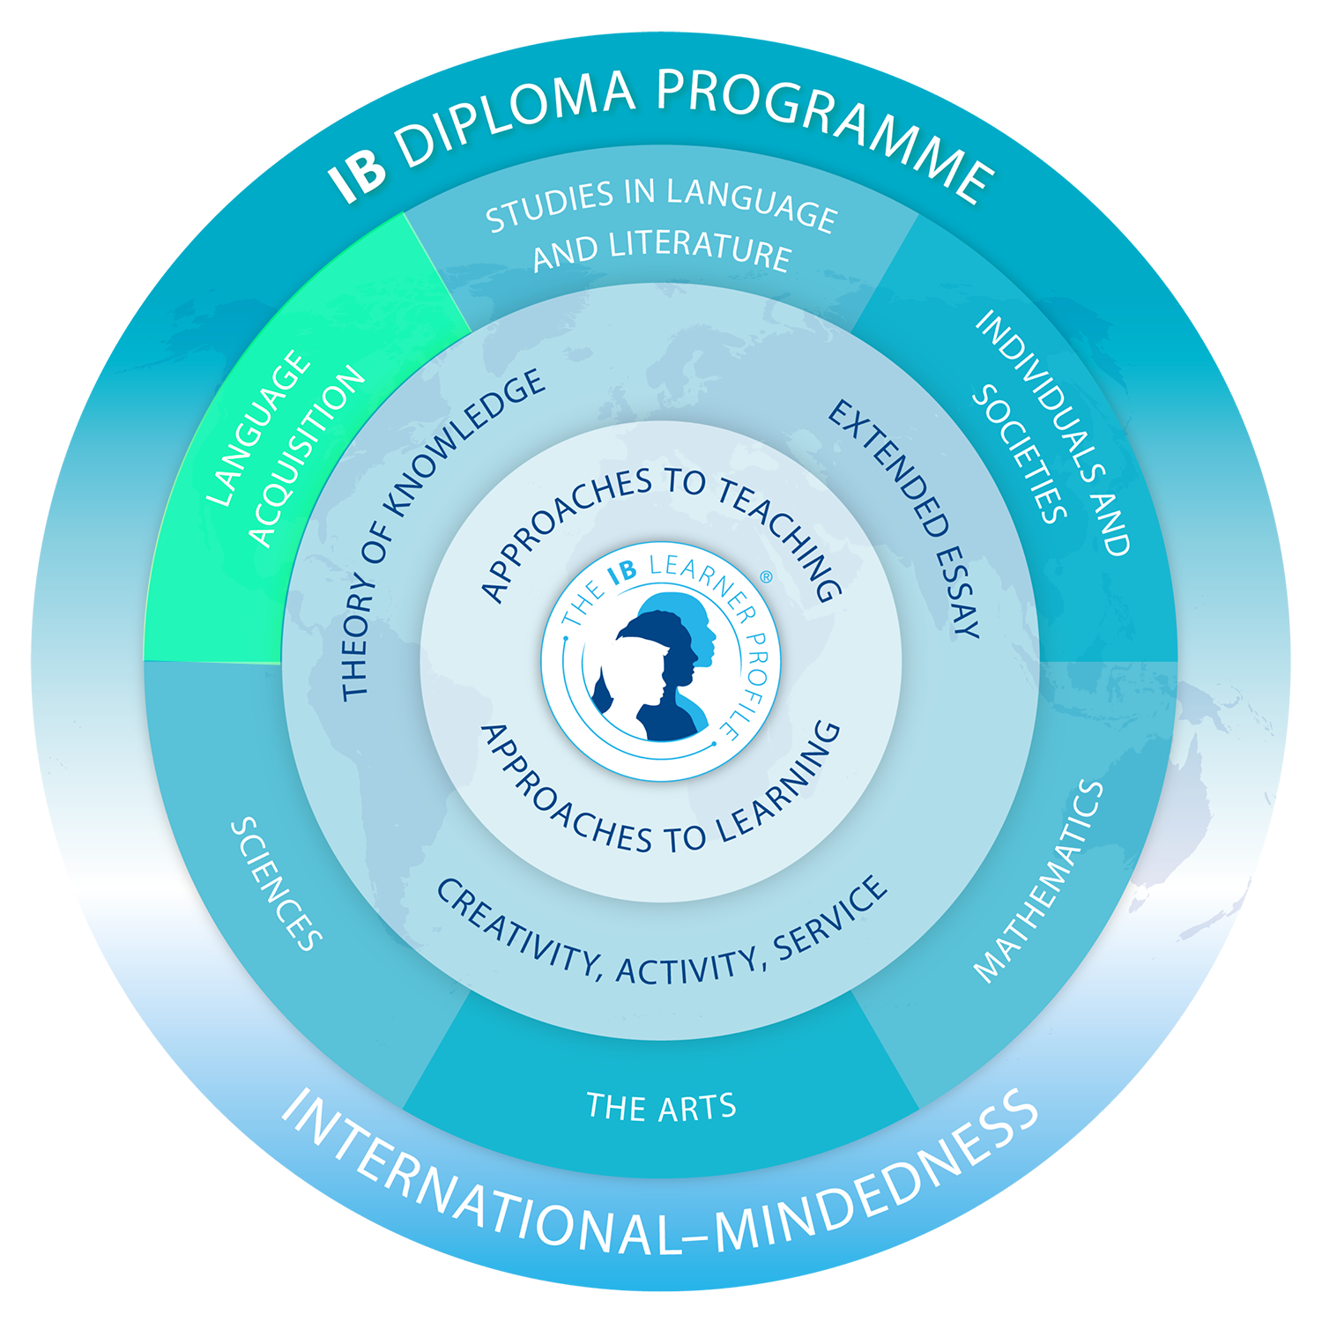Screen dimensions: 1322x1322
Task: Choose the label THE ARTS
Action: (661, 1107)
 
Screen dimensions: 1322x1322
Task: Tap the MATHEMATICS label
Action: (1040, 881)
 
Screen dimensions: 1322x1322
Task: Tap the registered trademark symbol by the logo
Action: (765, 577)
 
